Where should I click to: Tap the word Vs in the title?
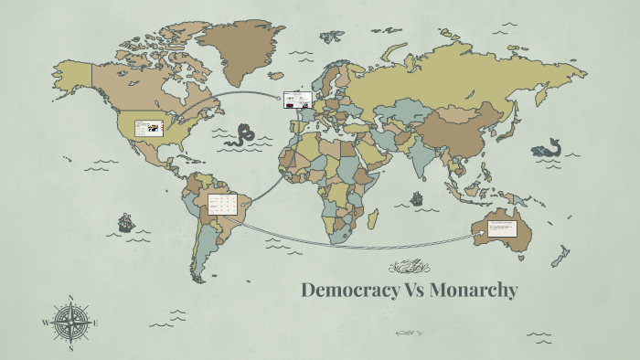coord(407,291)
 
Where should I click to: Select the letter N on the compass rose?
coord(71,298)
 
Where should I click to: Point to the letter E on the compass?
coord(95,323)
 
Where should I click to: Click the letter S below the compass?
coord(71,347)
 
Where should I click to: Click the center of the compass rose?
coord(71,323)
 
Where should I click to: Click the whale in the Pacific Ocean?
coord(549,148)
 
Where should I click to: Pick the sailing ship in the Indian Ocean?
coord(417,197)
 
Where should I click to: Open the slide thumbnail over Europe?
coord(298,100)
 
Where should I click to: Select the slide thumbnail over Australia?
coord(502,228)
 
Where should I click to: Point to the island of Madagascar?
coord(372,217)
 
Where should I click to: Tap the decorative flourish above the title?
coord(409,267)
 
